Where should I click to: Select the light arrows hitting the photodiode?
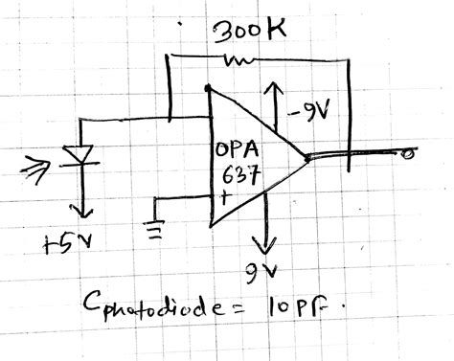pos(42,169)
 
